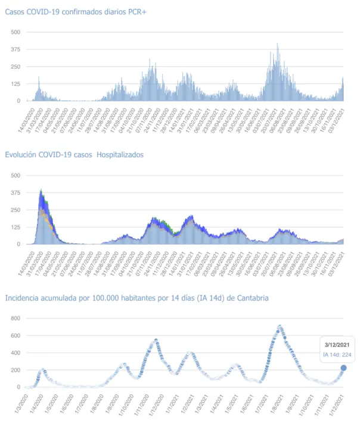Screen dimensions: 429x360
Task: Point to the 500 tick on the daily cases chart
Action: (x=15, y=32)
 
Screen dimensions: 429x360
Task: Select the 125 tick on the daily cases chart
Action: (x=15, y=83)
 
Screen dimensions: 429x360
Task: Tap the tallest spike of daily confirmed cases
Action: (x=277, y=45)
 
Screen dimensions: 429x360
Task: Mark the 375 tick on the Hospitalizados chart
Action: (x=15, y=192)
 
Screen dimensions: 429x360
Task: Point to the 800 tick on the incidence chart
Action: (x=15, y=318)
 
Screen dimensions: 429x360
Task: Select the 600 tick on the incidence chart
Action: (x=15, y=335)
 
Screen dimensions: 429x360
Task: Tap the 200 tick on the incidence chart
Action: (x=15, y=370)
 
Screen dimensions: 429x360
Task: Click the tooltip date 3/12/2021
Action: (x=336, y=344)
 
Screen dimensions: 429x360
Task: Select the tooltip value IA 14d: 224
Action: (x=336, y=355)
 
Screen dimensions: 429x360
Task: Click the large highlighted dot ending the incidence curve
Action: (x=344, y=368)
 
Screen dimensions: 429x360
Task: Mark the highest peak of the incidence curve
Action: (x=279, y=327)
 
